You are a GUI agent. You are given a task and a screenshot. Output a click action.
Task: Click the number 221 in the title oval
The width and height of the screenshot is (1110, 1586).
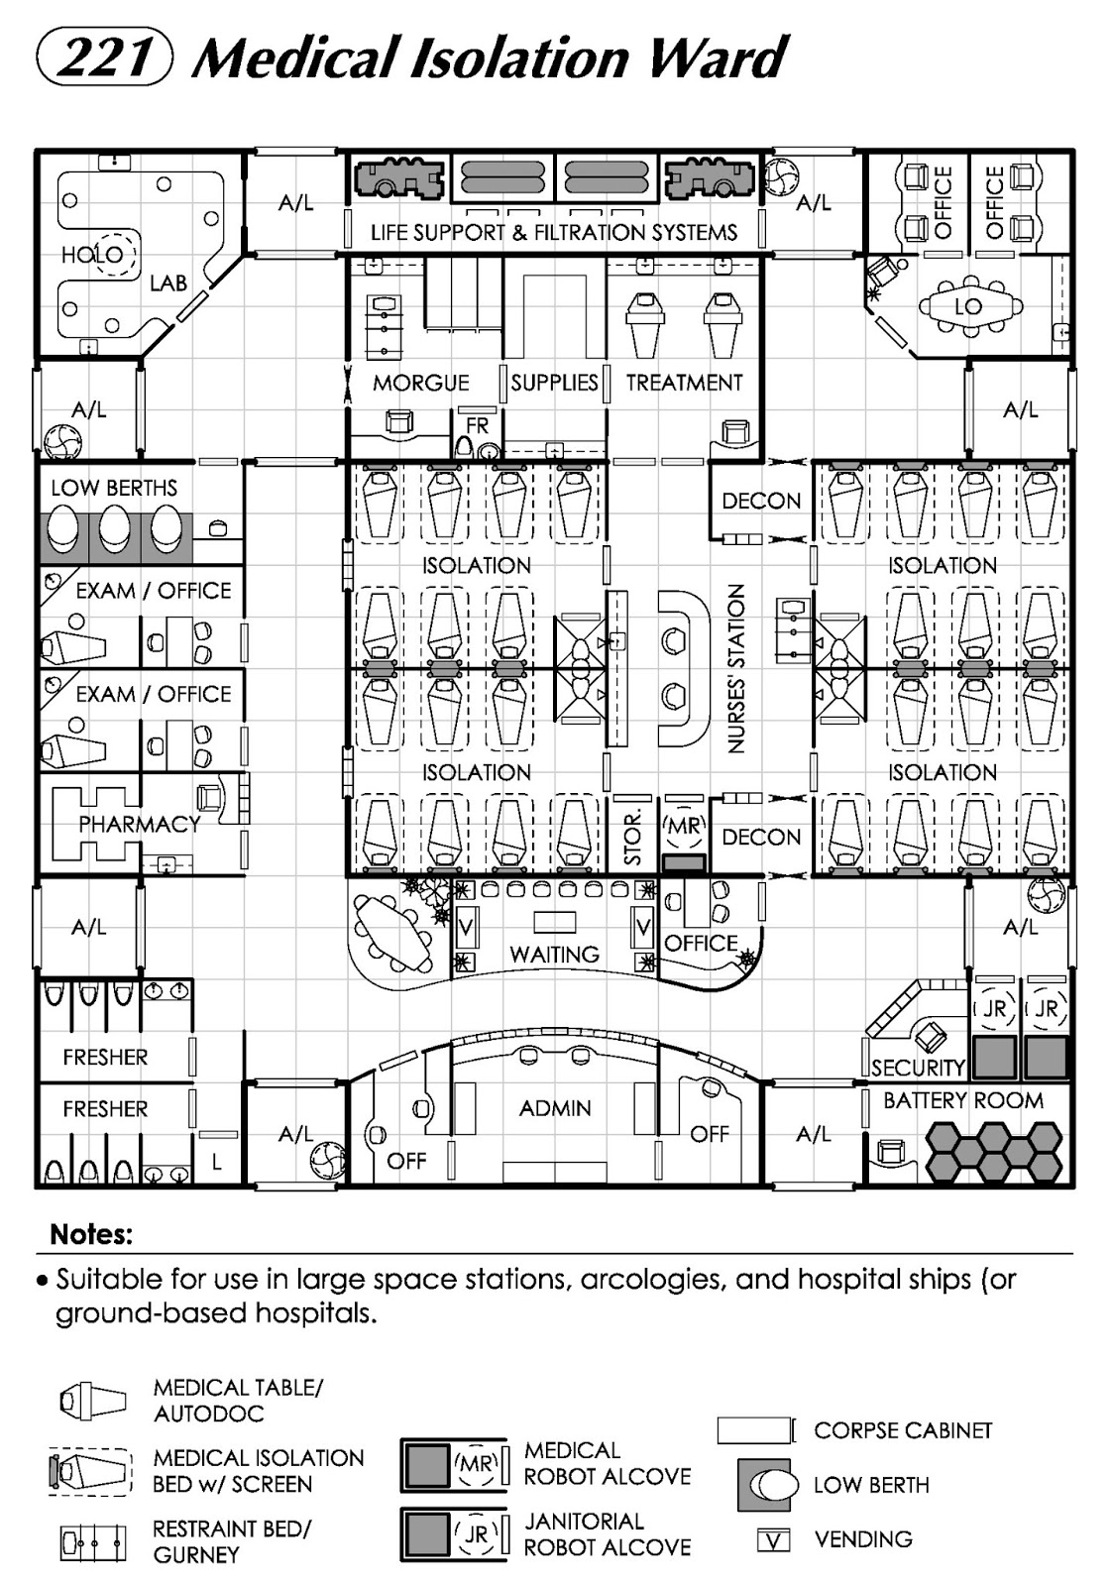(105, 57)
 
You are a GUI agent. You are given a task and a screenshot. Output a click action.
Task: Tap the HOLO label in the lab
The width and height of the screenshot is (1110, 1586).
(92, 255)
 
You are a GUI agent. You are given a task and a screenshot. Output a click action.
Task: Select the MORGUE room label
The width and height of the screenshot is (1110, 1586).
(420, 383)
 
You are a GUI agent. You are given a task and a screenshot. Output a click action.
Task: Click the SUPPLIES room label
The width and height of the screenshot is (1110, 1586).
(554, 383)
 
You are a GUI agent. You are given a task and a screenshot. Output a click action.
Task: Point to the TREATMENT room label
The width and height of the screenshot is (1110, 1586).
(684, 383)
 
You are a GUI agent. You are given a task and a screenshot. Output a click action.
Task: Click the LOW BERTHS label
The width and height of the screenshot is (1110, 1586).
(114, 488)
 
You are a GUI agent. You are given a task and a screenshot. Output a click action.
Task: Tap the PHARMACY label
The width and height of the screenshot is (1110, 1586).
(139, 824)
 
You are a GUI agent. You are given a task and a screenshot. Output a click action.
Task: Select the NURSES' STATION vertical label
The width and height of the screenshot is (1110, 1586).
(736, 668)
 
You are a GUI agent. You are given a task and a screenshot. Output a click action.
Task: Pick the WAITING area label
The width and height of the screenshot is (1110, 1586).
(554, 955)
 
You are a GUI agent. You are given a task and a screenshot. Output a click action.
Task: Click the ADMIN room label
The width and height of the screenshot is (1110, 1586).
(555, 1107)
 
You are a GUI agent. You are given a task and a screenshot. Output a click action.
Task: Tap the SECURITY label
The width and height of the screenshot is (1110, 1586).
(918, 1068)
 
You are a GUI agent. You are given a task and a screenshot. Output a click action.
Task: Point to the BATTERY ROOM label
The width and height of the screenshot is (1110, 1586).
(962, 1100)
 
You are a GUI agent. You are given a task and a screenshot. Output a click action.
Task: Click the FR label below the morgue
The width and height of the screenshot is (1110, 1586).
(478, 425)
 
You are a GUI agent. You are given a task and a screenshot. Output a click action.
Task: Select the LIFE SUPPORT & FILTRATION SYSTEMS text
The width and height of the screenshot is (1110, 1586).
(554, 233)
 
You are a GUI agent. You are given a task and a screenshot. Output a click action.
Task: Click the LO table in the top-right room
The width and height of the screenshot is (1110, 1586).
(967, 307)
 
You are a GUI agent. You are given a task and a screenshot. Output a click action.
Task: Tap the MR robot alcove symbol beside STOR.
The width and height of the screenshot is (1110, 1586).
(682, 827)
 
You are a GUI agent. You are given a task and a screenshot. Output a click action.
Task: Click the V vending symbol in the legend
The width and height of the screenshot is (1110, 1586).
(773, 1539)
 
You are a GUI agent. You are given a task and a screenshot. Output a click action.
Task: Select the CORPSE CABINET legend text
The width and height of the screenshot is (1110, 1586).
(902, 1430)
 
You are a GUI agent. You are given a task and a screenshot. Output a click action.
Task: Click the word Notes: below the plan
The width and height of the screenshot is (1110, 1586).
(91, 1235)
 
